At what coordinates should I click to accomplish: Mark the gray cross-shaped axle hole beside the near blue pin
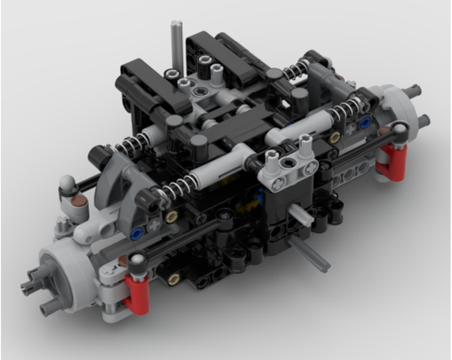click(x=155, y=225)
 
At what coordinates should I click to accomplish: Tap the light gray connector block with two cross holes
click(x=287, y=168)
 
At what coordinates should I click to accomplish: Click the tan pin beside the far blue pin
click(x=335, y=137)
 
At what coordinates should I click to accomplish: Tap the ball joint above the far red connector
click(x=400, y=129)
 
